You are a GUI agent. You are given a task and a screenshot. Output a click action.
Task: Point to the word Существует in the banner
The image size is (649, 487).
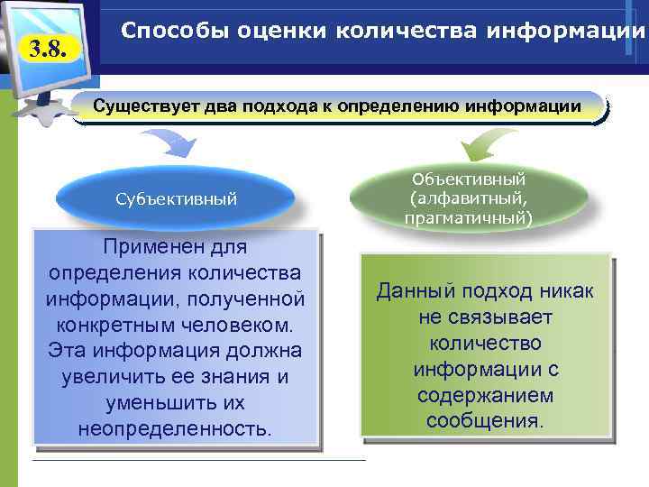142,106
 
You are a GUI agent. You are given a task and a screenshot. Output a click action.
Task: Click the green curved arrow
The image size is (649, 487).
488,144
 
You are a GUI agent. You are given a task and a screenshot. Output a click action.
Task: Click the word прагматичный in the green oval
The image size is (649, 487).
469,217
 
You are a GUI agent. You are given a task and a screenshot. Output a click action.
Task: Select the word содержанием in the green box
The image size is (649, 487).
485,396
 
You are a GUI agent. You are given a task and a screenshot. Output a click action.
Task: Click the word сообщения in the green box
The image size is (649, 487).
485,421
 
